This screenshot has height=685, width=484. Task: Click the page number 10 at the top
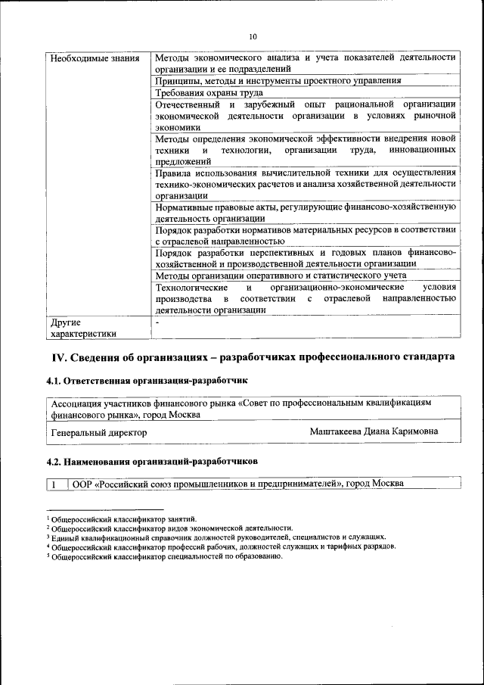coord(253,36)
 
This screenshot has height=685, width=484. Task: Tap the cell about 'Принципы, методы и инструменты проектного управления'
coord(278,80)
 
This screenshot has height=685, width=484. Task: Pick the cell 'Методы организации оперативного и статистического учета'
coord(281,276)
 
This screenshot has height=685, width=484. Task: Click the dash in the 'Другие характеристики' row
coord(157,322)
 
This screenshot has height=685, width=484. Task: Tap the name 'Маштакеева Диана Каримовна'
coord(374,431)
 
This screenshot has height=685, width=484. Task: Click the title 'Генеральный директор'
coord(99,432)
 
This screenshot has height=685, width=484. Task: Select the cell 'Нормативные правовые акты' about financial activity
coord(305,212)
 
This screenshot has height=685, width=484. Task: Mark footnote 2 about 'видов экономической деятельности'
coord(170,528)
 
